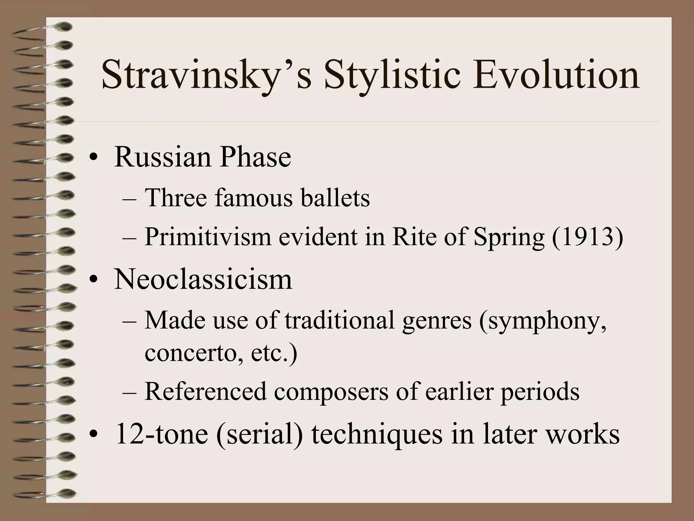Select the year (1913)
pyautogui.click(x=587, y=237)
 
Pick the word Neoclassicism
pyautogui.click(x=203, y=279)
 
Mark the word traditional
pyautogui.click(x=340, y=321)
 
